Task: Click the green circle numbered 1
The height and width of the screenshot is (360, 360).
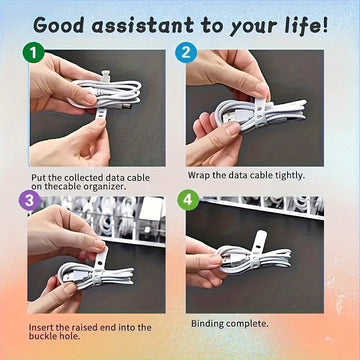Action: click(x=33, y=52)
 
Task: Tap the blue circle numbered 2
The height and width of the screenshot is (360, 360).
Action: click(x=186, y=52)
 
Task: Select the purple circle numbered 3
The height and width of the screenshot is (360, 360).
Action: click(x=30, y=200)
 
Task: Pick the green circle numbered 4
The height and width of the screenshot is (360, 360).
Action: click(x=188, y=200)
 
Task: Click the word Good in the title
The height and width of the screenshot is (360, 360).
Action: click(x=59, y=25)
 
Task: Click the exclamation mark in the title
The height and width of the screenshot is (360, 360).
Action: click(x=324, y=24)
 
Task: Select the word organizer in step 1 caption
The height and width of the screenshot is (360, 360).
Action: click(x=106, y=187)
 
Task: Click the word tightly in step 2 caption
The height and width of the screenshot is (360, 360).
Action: click(x=290, y=176)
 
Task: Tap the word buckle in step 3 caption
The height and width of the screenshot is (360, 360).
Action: click(x=41, y=336)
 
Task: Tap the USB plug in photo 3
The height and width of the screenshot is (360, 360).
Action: click(x=77, y=275)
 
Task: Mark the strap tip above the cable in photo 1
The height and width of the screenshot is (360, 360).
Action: click(x=105, y=76)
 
